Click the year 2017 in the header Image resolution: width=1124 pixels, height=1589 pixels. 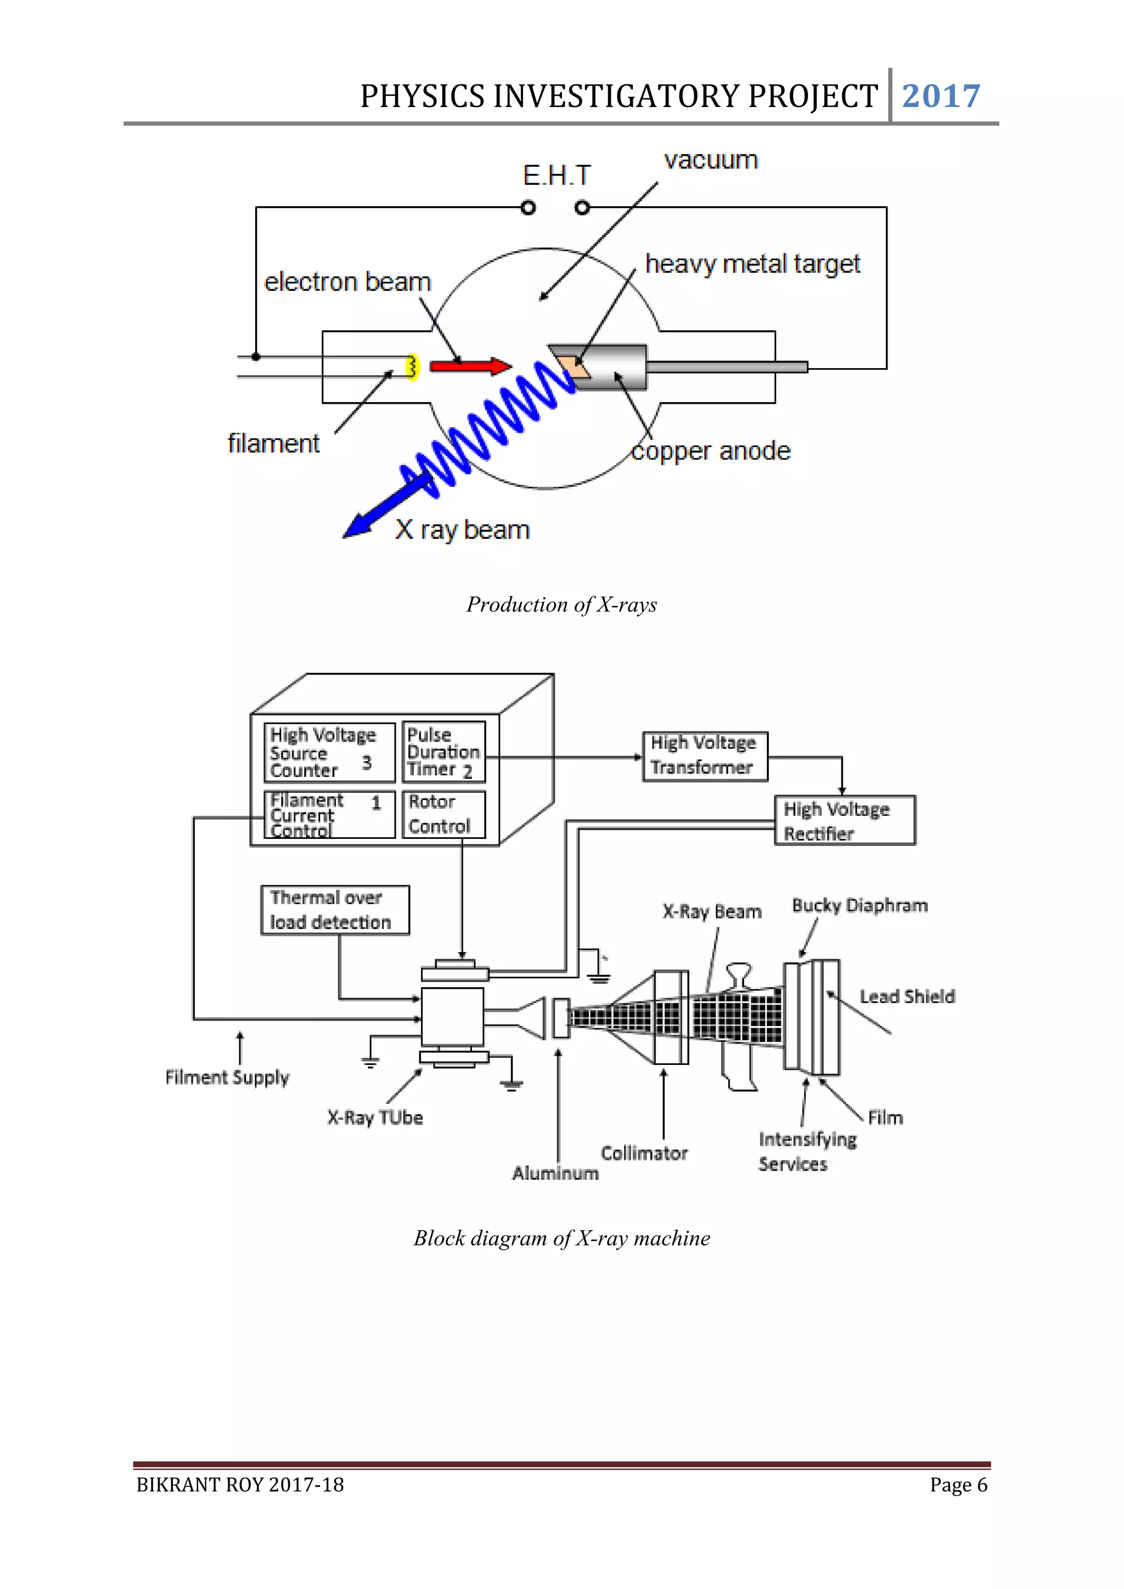941,96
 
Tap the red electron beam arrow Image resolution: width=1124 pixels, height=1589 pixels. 469,366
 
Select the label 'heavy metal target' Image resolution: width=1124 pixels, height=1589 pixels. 752,264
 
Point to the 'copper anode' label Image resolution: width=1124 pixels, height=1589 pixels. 711,451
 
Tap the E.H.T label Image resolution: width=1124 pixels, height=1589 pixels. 557,176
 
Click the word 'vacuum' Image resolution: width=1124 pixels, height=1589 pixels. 711,161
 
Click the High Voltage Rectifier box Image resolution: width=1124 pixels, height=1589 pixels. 845,820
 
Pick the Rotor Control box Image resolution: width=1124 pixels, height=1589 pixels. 443,814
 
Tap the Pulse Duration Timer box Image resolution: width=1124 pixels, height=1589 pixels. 443,752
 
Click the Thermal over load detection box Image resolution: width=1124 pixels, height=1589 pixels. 334,909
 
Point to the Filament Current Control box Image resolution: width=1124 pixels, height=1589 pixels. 329,815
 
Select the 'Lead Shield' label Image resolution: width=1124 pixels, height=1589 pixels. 907,996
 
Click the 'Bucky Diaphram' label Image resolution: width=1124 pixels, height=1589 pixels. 859,905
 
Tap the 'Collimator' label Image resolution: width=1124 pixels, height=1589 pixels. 644,1153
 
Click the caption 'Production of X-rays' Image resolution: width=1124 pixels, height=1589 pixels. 561,604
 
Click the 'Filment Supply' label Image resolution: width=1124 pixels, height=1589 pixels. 227,1077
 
